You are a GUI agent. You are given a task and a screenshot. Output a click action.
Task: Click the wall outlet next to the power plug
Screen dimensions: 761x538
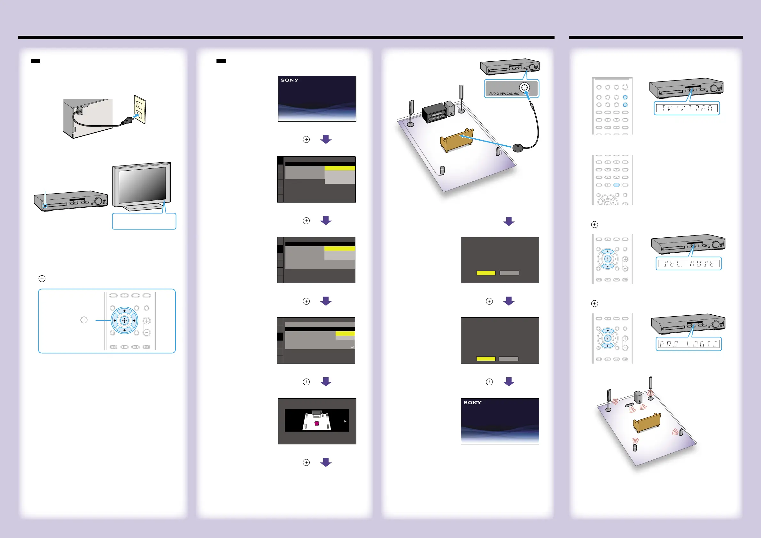[x=140, y=110]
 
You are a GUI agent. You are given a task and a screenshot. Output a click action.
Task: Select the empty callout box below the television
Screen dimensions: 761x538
[x=144, y=221]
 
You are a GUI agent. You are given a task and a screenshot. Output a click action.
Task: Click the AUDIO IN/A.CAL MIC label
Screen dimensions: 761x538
[x=504, y=94]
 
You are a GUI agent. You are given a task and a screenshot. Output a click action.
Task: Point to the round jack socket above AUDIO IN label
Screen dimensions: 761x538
[x=524, y=88]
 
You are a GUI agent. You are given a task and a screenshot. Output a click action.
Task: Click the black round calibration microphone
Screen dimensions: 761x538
[x=518, y=147]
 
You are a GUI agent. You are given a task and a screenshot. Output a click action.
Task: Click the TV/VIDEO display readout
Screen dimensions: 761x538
[x=687, y=108]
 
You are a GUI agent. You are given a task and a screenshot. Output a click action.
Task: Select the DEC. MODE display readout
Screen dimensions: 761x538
[x=688, y=264]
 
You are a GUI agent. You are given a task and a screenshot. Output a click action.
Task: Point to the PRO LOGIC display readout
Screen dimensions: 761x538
[x=688, y=344]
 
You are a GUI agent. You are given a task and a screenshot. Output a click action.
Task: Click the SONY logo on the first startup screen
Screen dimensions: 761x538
[x=289, y=80]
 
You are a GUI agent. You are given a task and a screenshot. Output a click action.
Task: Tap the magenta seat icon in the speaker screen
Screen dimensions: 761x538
[x=316, y=423]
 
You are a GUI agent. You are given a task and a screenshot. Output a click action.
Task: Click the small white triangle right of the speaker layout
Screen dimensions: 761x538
[x=345, y=421]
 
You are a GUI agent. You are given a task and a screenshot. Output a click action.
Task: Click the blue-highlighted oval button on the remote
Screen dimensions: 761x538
[x=616, y=185]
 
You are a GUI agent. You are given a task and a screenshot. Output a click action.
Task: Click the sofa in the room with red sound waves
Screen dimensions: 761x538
[x=647, y=423]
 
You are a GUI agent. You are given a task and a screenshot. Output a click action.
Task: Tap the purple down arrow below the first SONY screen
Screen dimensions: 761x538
[x=326, y=139]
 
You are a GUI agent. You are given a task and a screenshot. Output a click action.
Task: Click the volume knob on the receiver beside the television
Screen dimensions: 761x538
[x=98, y=201]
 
